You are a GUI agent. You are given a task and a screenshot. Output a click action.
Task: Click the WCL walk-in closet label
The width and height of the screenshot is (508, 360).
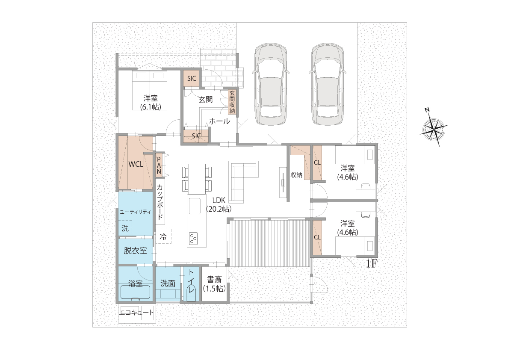click(x=136, y=164)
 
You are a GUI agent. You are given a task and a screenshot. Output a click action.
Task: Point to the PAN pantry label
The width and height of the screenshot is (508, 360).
click(x=159, y=165)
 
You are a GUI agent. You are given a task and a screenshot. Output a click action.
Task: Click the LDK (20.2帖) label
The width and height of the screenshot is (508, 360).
click(x=219, y=205)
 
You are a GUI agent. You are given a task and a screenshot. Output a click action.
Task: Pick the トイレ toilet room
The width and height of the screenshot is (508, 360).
click(x=191, y=284)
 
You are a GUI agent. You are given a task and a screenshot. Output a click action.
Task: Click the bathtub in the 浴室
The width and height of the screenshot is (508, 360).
click(x=136, y=292)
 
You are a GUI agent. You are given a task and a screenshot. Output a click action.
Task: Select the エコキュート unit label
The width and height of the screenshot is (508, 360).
click(x=136, y=313)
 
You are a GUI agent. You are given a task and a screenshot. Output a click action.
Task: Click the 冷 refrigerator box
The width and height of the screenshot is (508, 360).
click(x=163, y=236)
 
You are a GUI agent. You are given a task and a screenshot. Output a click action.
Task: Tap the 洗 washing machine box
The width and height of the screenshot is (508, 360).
click(x=125, y=228)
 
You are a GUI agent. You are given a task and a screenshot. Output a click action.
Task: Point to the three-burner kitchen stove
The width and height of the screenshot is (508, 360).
click(x=193, y=239)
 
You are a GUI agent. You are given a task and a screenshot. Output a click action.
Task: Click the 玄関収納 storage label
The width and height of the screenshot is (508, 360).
click(x=232, y=102)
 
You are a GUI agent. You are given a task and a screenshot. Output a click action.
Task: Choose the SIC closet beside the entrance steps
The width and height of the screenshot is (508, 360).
click(x=192, y=78)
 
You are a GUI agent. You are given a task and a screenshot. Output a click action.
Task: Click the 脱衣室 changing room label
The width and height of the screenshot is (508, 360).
click(x=135, y=251)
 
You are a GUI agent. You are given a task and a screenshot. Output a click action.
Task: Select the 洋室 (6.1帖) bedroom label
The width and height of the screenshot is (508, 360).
click(x=151, y=102)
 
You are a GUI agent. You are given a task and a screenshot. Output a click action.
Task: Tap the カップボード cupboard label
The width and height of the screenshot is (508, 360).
click(x=160, y=202)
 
